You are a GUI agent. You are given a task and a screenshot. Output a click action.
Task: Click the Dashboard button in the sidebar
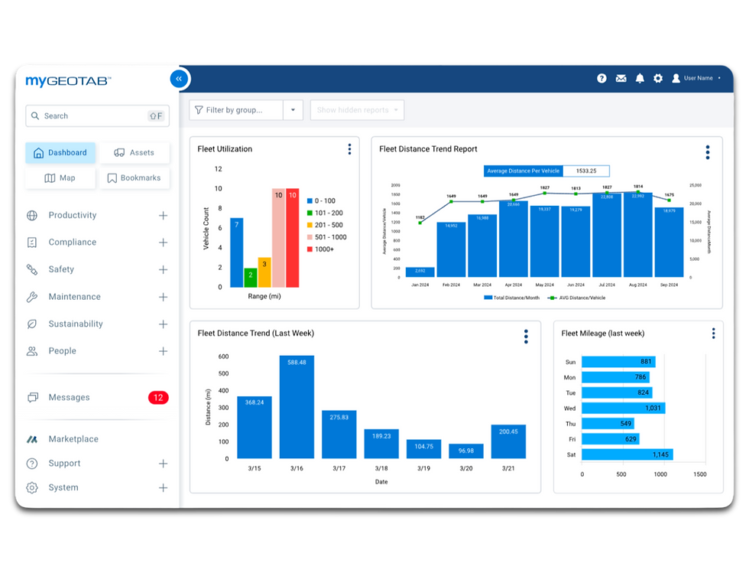(60, 153)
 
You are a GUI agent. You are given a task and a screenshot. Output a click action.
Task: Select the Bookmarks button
(134, 178)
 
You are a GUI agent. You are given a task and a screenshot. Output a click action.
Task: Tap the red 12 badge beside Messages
(158, 398)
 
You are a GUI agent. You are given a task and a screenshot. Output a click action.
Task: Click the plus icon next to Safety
(163, 270)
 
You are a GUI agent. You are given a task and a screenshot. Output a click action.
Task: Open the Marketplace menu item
(73, 439)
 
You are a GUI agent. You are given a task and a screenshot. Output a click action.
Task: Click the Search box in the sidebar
(97, 116)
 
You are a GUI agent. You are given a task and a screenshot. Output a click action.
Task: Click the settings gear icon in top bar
(658, 79)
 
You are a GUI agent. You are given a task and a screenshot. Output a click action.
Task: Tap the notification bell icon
(640, 79)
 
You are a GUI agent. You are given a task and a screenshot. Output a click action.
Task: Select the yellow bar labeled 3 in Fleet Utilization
(264, 272)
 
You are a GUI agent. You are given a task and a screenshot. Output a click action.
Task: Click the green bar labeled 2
(250, 277)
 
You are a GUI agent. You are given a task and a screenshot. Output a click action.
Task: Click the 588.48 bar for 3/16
(297, 406)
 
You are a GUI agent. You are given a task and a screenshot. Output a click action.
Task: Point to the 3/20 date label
(465, 468)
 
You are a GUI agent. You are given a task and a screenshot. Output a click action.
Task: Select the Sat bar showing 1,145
(627, 454)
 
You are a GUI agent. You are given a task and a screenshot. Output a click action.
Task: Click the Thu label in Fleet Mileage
(570, 424)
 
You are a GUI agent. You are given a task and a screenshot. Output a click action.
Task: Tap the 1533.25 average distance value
(586, 171)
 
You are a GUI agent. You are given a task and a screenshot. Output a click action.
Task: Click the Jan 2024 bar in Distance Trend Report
(420, 272)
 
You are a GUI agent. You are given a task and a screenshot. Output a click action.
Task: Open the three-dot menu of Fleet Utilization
(349, 149)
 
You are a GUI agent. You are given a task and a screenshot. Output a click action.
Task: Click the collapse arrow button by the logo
(178, 79)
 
